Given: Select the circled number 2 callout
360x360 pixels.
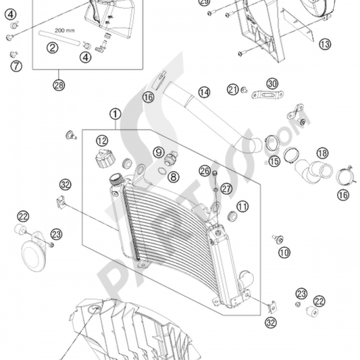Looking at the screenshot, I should click(x=51, y=47).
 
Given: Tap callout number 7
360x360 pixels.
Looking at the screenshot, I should click(x=16, y=66).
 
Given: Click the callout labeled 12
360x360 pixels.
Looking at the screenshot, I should click(x=101, y=140).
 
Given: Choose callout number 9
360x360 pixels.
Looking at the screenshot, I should click(x=158, y=152).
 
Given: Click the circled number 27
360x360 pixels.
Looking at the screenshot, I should click(x=226, y=188).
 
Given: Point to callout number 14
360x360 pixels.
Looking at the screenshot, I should click(x=204, y=91).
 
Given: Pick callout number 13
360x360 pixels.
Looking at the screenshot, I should click(x=326, y=45).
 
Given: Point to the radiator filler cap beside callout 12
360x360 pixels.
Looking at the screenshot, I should click(x=105, y=161).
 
